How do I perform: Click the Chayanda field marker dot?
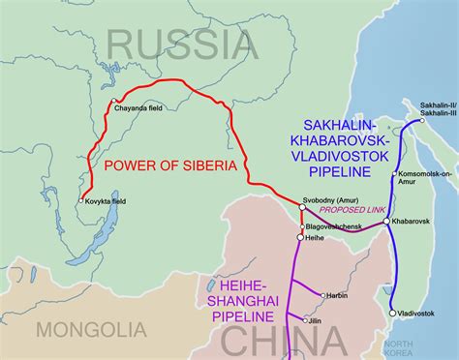tap(112, 102)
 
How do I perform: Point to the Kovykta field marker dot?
tap(81, 200)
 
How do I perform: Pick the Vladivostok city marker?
tap(391, 313)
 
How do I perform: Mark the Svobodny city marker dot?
tap(302, 206)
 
